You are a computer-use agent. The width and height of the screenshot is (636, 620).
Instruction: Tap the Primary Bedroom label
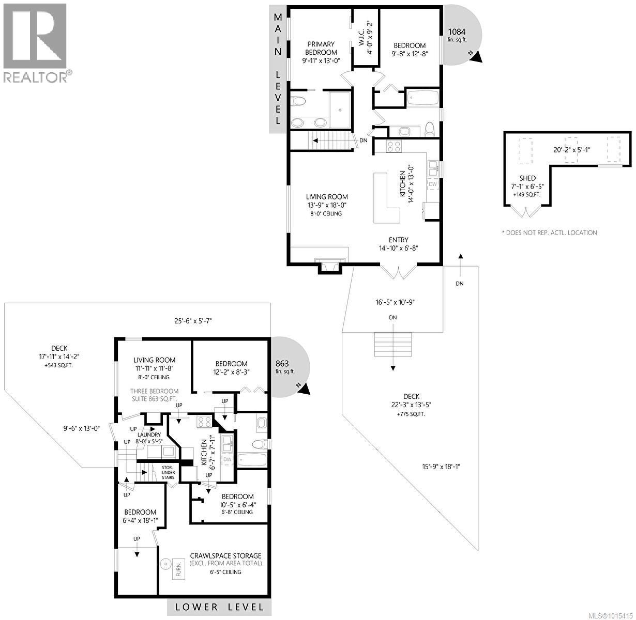320,49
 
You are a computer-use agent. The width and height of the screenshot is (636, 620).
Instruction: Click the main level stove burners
394,146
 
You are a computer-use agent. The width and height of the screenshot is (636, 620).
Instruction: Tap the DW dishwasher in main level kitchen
433,184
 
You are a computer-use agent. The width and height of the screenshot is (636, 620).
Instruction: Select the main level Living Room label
327,197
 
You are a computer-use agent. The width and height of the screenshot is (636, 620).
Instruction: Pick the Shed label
527,178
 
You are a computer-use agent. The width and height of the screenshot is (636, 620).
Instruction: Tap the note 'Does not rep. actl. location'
549,233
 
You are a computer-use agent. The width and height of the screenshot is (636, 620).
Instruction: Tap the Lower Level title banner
219,607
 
